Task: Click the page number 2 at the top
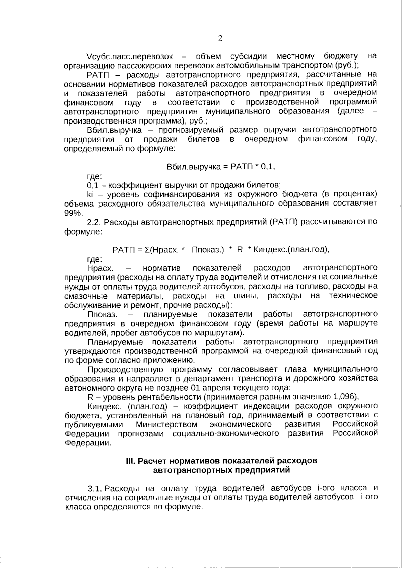tap(220, 38)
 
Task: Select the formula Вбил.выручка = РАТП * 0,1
tap(221, 167)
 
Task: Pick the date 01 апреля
tap(210, 388)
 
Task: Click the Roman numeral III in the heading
tap(130, 461)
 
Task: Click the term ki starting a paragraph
tap(89, 194)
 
